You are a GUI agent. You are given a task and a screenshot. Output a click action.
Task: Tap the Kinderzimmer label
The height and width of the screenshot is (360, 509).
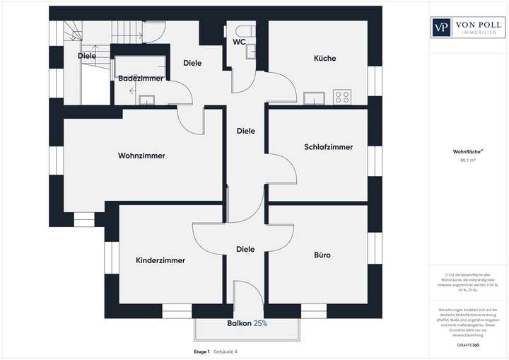tap(160, 260)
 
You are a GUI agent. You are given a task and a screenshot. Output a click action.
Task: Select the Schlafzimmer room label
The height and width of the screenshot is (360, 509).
tap(328, 147)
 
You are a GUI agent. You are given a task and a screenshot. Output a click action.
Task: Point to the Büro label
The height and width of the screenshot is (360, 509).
tap(322, 255)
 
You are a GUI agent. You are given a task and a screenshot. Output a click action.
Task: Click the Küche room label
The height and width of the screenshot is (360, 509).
tap(324, 59)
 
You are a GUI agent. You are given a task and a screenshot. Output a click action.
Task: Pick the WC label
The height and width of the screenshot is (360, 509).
tap(238, 42)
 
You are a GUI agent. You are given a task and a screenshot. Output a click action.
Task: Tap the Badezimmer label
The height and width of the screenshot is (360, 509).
tap(141, 78)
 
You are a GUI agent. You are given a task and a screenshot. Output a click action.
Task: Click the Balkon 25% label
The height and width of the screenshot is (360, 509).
tap(247, 323)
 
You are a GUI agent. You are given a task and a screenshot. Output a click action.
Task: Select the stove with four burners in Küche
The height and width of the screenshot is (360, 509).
tap(343, 97)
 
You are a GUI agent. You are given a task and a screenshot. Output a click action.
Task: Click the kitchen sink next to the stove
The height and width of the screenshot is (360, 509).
tap(314, 98)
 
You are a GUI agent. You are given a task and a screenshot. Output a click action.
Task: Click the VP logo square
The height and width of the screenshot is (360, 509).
tap(443, 28)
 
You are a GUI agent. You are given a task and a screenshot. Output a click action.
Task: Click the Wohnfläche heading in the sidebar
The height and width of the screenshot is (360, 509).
tap(467, 151)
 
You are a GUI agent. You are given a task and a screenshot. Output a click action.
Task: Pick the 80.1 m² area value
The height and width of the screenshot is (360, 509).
tap(467, 160)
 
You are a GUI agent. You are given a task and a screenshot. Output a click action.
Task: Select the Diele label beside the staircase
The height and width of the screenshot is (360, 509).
tap(87, 55)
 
